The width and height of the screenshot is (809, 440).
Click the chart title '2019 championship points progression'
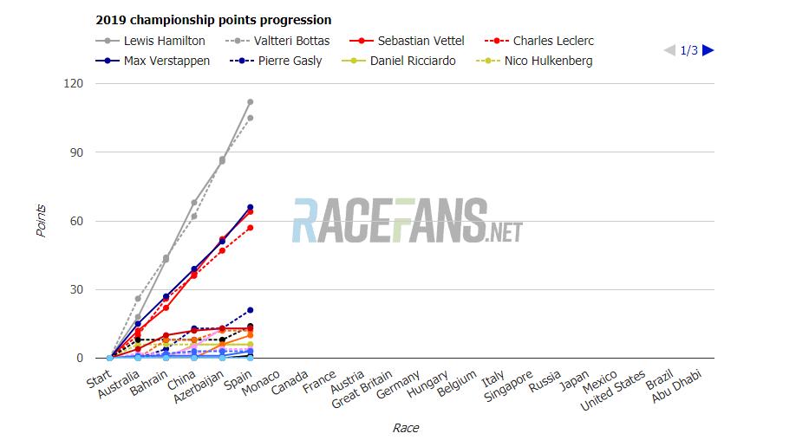point(212,20)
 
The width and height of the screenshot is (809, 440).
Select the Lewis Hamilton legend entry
point(164,41)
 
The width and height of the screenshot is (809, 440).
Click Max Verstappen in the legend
point(166,61)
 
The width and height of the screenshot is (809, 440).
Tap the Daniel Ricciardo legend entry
point(412,61)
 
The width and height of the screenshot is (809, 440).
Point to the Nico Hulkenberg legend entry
point(548,61)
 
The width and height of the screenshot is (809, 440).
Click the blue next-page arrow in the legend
point(708,50)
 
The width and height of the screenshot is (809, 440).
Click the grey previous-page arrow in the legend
point(669,50)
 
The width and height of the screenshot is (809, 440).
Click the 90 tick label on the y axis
point(76,152)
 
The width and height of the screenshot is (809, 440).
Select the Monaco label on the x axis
point(261,385)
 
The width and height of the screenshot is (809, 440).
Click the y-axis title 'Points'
point(41,221)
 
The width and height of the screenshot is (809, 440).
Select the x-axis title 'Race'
point(405,428)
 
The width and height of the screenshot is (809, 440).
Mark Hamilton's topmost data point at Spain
point(250,102)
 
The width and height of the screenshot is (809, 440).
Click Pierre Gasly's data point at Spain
point(250,310)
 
